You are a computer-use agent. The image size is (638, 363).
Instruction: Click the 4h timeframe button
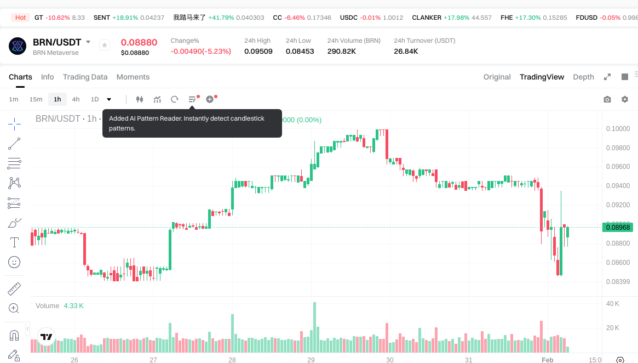point(76,99)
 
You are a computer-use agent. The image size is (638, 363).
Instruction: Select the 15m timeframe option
point(36,99)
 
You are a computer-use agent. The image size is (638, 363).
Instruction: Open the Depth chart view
point(583,77)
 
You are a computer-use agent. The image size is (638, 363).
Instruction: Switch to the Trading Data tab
point(85,77)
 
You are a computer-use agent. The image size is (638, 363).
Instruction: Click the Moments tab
point(133,77)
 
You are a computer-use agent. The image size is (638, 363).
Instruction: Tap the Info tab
point(48,77)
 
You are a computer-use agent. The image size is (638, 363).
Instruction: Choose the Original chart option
point(497,77)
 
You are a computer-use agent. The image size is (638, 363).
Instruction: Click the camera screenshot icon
point(607,99)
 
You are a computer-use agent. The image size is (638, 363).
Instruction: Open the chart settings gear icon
point(624,99)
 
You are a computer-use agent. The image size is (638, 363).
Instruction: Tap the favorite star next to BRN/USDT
point(105,45)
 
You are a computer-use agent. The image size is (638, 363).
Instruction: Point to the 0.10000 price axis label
point(618,129)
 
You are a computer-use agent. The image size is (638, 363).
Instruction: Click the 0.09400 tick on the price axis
point(618,186)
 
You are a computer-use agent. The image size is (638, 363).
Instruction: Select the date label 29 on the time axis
point(311,360)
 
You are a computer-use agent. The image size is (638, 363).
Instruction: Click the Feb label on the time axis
point(548,360)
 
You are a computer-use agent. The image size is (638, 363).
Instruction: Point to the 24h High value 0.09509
point(258,52)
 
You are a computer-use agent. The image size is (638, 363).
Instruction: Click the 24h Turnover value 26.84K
point(406,52)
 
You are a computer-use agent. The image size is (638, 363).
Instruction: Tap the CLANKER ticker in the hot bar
point(427,18)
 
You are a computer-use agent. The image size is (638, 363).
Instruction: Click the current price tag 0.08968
point(617,227)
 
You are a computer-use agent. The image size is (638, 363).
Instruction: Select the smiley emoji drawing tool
point(14,262)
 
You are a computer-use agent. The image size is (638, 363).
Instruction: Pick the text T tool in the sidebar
point(14,242)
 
